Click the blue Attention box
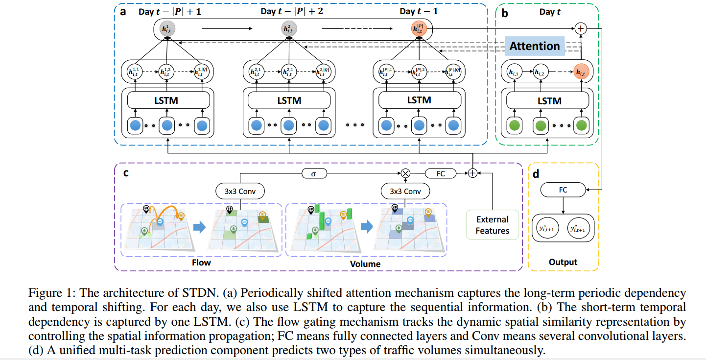[x=534, y=46]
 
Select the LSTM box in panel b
[x=549, y=101]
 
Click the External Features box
[x=493, y=225]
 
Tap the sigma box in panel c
[x=313, y=173]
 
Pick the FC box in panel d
[x=563, y=190]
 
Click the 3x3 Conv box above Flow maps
[x=240, y=191]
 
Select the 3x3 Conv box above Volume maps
[x=405, y=191]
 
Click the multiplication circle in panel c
[x=405, y=173]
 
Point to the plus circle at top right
[x=581, y=28]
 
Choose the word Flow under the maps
[x=201, y=263]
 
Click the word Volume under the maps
[x=365, y=264]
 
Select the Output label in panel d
[x=563, y=262]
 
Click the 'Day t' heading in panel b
[x=550, y=12]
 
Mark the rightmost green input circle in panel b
[x=582, y=126]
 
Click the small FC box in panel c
[x=441, y=173]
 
